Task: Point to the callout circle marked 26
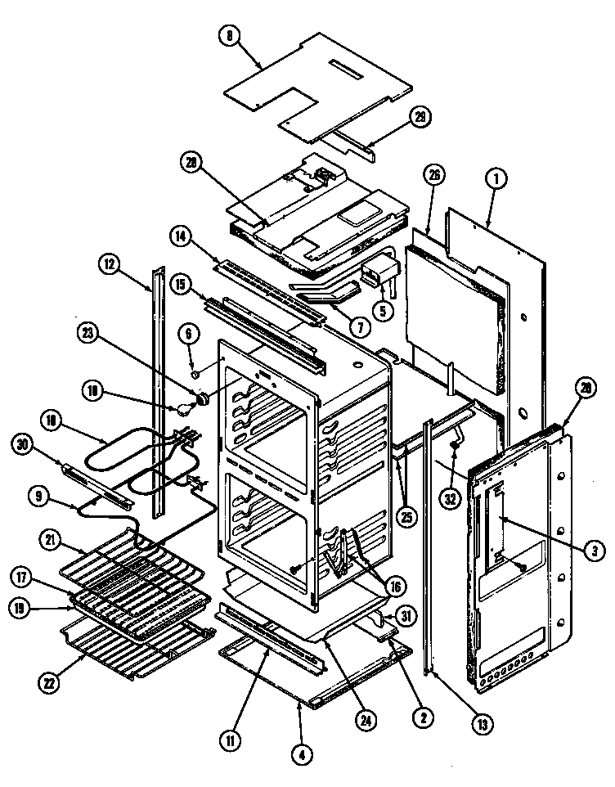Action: point(434,173)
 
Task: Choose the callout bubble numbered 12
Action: point(110,264)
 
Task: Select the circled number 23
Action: point(88,333)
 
